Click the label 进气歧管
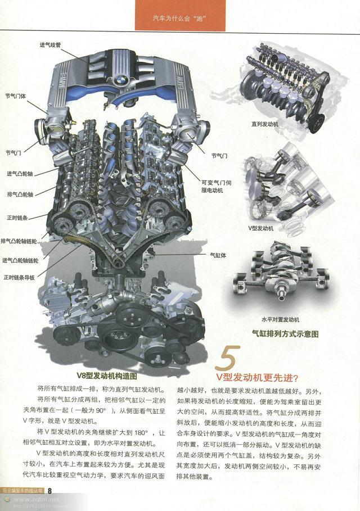point(50,44)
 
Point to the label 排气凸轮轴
point(20,195)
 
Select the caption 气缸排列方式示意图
point(285,333)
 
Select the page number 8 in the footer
point(49,490)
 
